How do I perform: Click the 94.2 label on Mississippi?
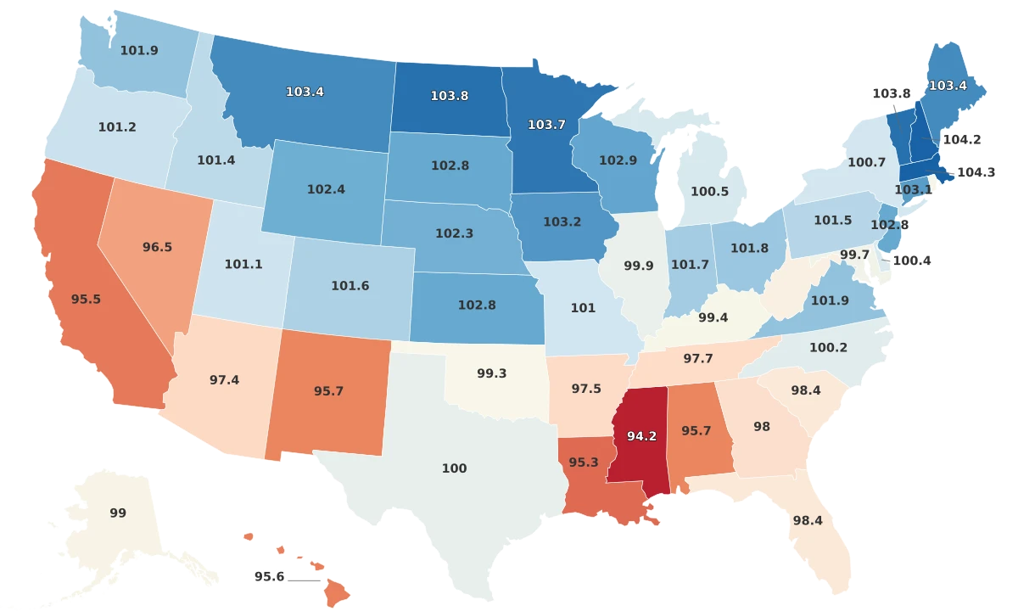point(641,436)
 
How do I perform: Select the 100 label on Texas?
point(454,468)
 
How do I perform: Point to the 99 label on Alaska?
point(118,513)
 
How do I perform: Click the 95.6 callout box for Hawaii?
point(269,576)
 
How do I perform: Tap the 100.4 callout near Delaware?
point(912,261)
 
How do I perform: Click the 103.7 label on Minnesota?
point(546,124)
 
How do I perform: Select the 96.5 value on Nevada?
point(157,247)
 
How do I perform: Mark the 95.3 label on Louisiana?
point(583,462)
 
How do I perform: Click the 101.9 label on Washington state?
point(139,50)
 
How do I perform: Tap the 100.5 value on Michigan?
point(709,192)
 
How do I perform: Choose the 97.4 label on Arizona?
point(224,379)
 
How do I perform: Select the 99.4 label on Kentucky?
point(711,317)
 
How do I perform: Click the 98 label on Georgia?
point(762,427)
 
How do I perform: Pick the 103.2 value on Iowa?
point(562,221)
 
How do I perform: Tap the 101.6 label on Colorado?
point(350,286)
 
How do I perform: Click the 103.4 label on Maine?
point(948,85)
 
